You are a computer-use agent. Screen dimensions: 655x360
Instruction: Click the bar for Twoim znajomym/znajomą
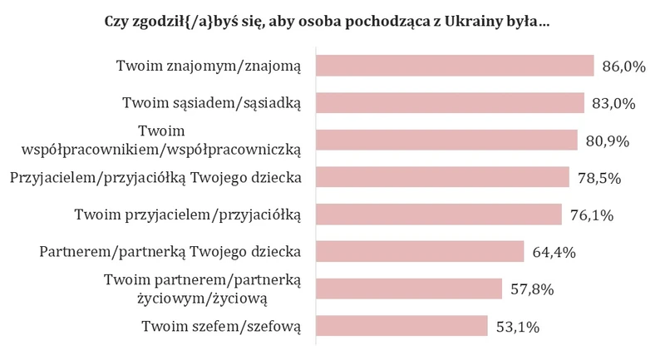tap(455, 66)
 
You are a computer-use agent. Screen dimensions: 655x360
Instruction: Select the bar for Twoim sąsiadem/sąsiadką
tap(450, 103)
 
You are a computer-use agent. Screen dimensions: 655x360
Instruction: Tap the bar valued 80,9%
tap(446, 140)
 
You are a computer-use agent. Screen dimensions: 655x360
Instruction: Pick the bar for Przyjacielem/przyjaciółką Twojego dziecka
tap(442, 177)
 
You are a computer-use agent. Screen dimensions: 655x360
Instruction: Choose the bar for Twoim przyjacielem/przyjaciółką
tap(439, 215)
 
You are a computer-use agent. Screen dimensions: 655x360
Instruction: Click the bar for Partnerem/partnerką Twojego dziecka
tap(420, 251)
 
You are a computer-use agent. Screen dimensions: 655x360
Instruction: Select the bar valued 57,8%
tap(409, 288)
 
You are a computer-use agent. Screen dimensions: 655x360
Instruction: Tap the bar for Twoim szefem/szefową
tap(401, 326)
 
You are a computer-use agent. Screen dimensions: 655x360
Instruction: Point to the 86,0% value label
tap(623, 67)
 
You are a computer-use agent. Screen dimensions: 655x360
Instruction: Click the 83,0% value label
tap(613, 104)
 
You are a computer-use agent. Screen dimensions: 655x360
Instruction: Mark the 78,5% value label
tap(599, 178)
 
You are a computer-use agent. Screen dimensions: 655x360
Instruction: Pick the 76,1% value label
tap(592, 215)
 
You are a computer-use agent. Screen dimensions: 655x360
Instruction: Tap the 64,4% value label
tap(554, 253)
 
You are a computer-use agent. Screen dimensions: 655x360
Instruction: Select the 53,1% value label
tap(518, 327)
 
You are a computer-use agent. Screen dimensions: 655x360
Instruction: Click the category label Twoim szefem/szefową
tap(221, 326)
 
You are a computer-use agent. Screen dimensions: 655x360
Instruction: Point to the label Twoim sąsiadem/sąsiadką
tap(211, 103)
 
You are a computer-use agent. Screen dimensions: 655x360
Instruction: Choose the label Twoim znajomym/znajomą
tap(209, 66)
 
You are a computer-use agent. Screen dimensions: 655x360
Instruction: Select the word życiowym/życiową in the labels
tap(202, 298)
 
